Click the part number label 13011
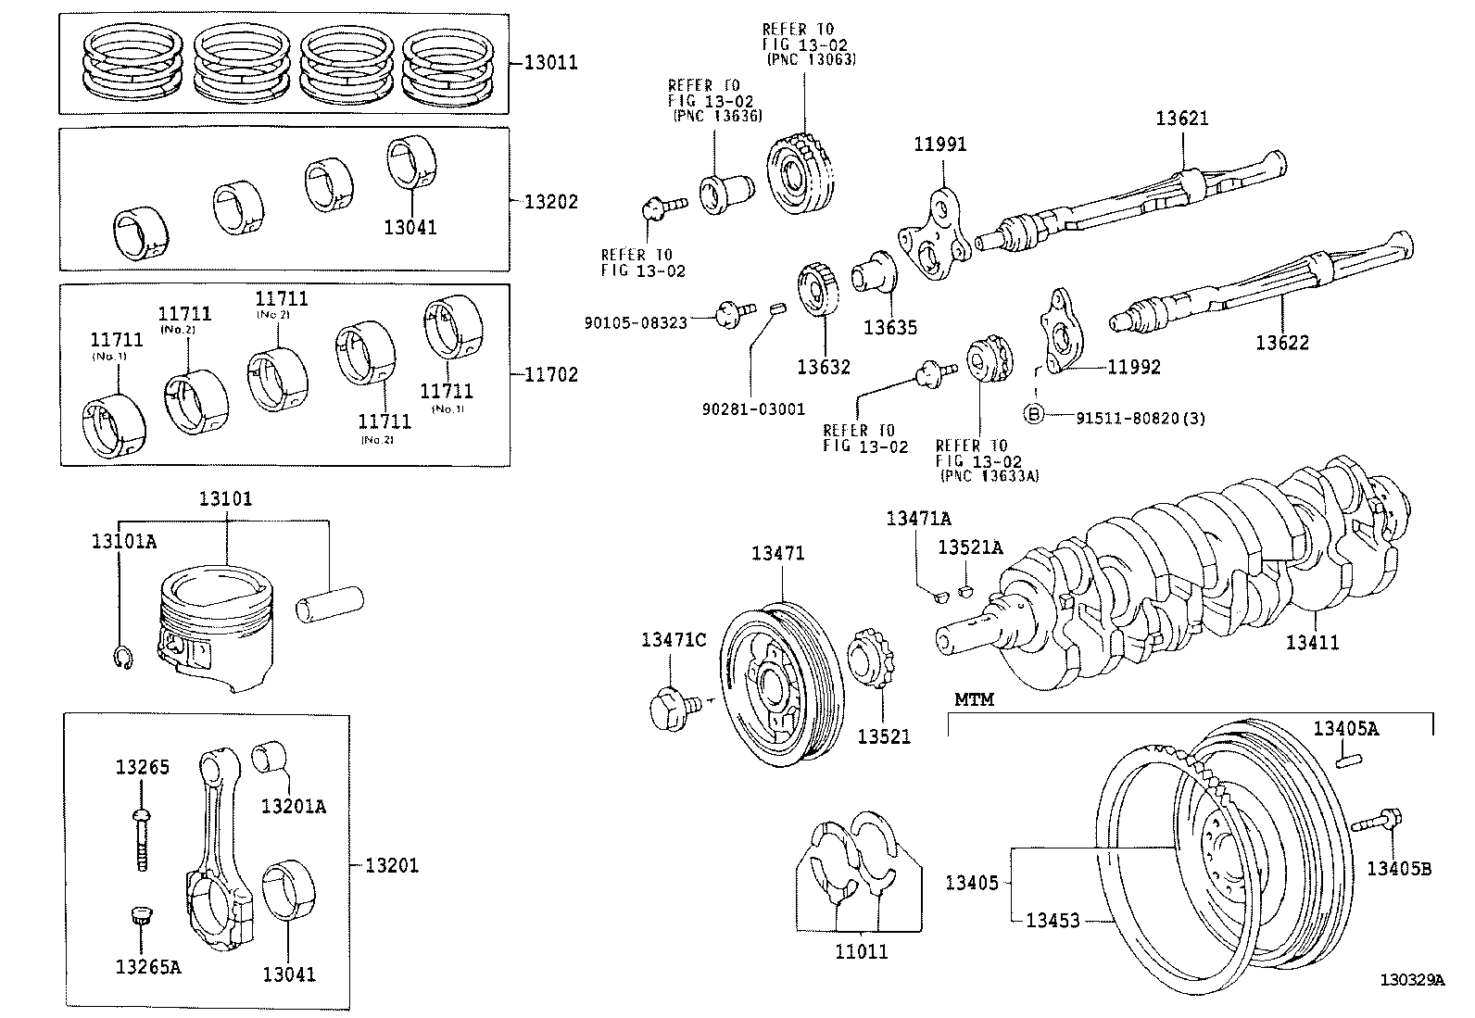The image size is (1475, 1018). point(550,63)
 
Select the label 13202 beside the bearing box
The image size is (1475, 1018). point(550,202)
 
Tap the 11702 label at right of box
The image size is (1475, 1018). point(550,374)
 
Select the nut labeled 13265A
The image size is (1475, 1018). point(140,918)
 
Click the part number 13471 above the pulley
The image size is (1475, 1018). point(777,553)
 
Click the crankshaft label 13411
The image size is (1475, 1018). point(1312,642)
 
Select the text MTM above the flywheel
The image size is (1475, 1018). point(974,699)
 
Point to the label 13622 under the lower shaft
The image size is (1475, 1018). point(1282,343)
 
